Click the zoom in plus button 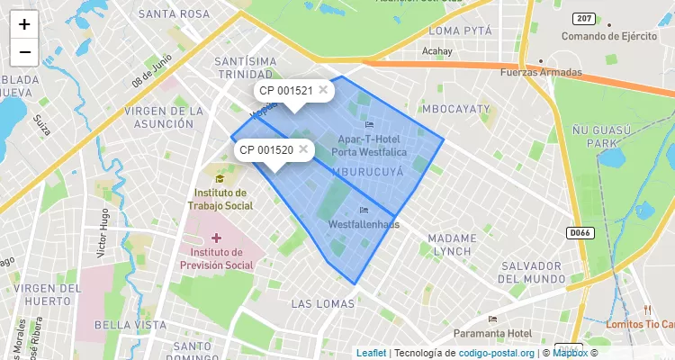24,24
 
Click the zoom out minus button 24,52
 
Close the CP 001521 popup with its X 323,90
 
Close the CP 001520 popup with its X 303,148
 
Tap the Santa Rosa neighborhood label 174,14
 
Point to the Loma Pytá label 462,31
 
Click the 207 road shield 583,18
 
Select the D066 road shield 580,232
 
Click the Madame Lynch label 450,244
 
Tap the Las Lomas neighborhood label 323,304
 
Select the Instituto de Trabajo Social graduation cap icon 220,178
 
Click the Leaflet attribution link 371,353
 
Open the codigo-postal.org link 497,353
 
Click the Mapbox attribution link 570,353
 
